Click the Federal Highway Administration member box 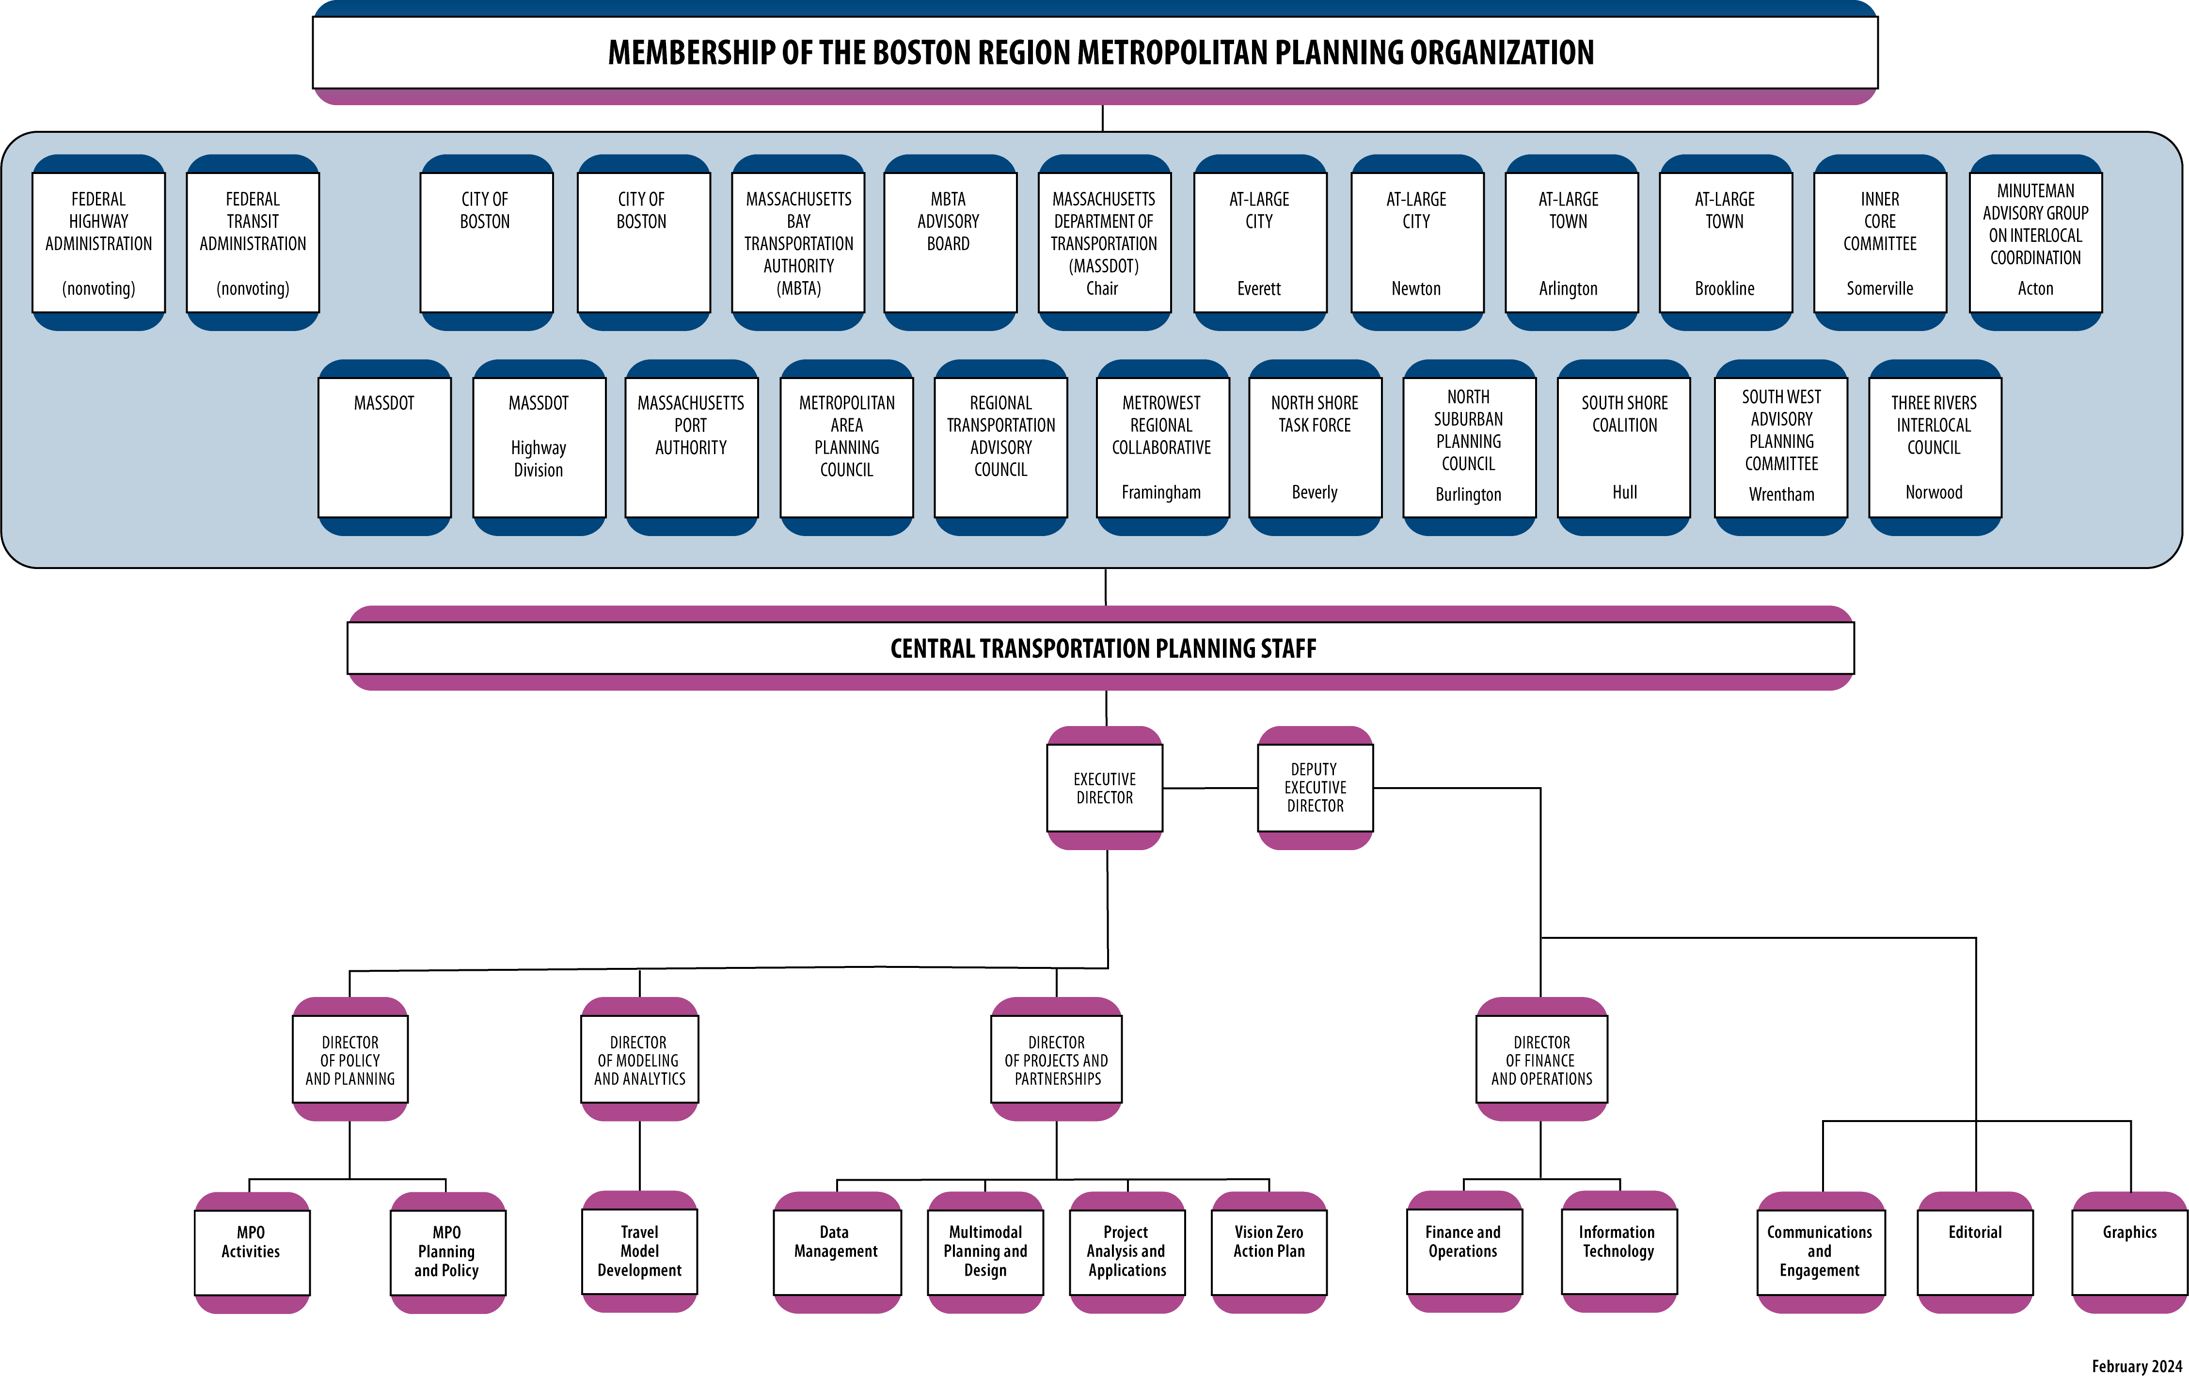98,243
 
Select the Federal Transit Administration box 253,243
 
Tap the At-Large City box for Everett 1259,243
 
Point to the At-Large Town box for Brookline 1725,243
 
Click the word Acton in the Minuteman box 2035,288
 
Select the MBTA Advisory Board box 949,243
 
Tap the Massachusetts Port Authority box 691,447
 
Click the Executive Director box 1105,788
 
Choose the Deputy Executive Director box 1315,788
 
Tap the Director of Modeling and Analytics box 639,1060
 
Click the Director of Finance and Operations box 1542,1060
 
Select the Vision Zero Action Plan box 1269,1251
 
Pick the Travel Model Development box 639,1251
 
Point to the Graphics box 2129,1251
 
